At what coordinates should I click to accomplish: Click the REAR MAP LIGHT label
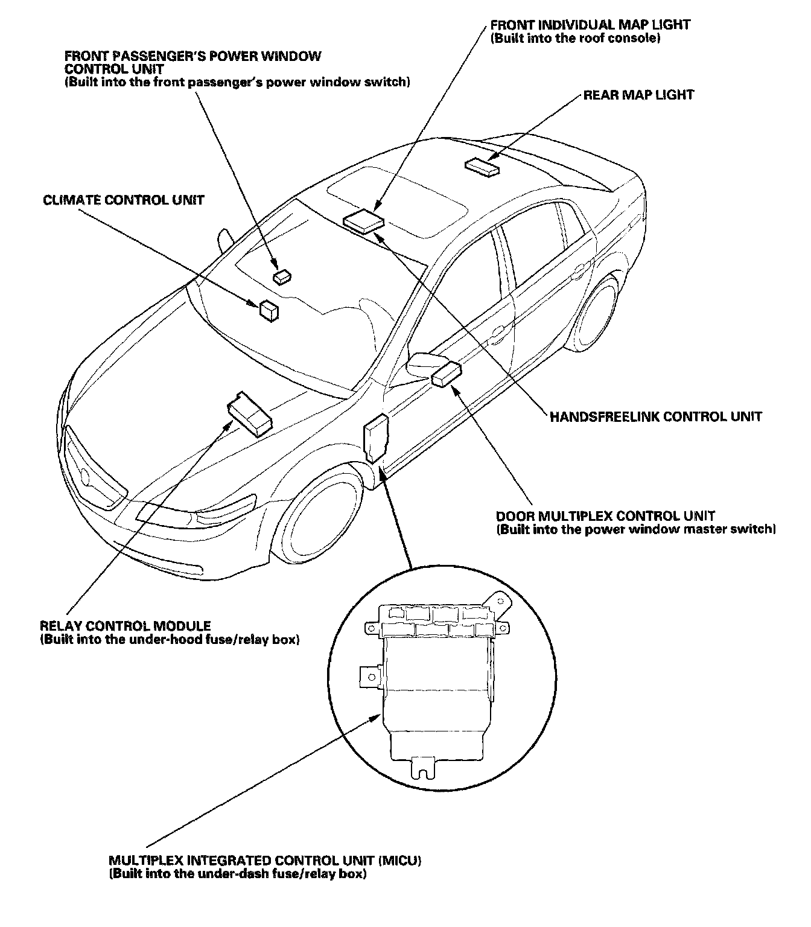pos(638,95)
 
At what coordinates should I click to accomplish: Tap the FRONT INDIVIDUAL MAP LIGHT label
pos(590,25)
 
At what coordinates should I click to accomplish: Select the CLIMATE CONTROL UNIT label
pos(124,200)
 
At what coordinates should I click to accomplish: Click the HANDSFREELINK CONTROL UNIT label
pos(655,416)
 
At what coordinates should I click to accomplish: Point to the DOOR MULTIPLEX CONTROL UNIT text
pos(605,516)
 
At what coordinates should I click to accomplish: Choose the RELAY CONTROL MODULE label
pos(125,626)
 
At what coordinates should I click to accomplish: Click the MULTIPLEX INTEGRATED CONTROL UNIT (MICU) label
pos(265,860)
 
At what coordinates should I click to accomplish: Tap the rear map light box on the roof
pos(483,167)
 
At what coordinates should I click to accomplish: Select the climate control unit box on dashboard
pos(269,310)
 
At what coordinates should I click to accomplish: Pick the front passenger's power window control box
pos(282,276)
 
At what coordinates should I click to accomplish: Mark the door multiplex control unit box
pos(447,374)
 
